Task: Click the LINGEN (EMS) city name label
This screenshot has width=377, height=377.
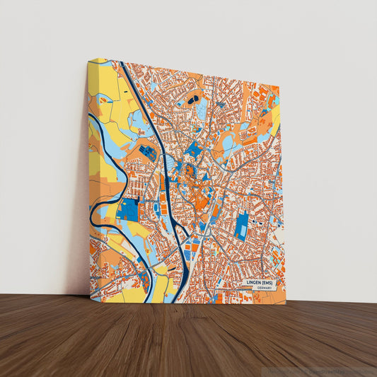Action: [260, 282]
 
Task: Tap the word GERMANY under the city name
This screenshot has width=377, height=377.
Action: [265, 289]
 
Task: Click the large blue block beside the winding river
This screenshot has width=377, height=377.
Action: [128, 209]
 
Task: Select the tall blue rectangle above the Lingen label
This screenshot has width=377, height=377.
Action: [242, 226]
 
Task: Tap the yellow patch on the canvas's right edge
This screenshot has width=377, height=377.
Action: [275, 121]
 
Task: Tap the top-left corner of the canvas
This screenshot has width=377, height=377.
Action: [88, 60]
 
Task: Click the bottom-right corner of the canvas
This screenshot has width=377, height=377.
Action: [286, 302]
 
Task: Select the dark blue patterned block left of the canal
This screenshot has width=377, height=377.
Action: [148, 152]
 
